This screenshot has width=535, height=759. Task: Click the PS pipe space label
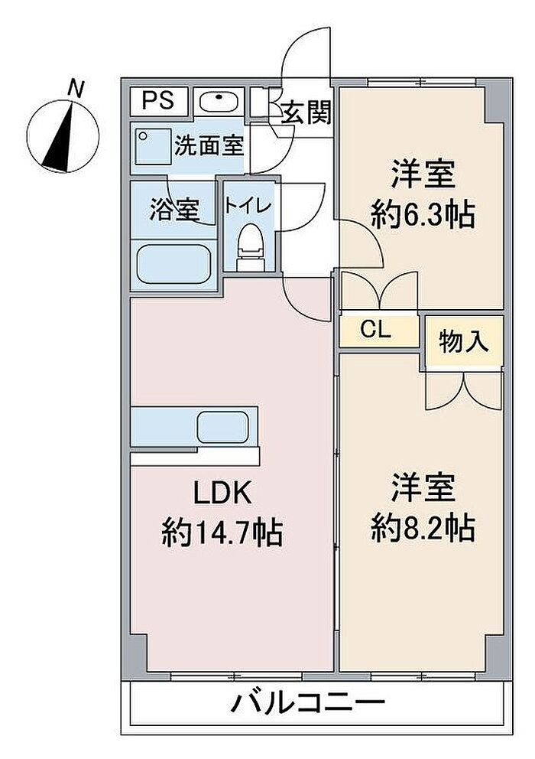coord(157,100)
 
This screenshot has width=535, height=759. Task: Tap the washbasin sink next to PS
coord(219,102)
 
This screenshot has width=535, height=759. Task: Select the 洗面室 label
coord(209,145)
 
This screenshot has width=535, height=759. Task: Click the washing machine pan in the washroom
coord(153,144)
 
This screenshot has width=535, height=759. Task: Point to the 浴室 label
coord(174,210)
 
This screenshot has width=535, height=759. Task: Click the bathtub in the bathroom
coord(173,264)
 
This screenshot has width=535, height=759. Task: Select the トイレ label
coord(248,206)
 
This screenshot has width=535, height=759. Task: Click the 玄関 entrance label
coord(306,112)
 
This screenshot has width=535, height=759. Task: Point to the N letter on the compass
coord(76,89)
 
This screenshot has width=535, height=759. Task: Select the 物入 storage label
coord(463,342)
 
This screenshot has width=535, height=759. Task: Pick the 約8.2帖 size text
coord(423,528)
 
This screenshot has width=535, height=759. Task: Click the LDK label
coord(222,493)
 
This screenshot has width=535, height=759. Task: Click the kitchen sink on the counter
coord(222,426)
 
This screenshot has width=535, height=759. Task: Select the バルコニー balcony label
coord(308,703)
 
